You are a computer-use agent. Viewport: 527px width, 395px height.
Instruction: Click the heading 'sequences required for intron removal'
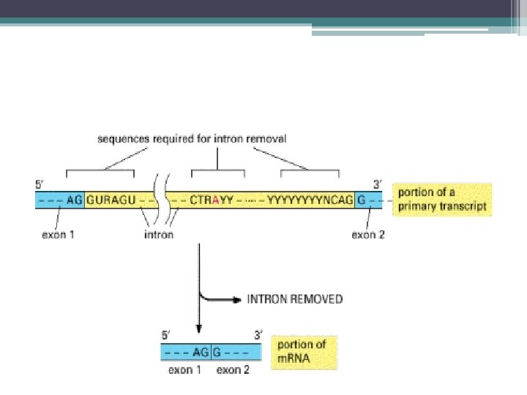(x=192, y=138)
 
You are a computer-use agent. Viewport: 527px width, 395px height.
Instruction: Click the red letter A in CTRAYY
(x=214, y=199)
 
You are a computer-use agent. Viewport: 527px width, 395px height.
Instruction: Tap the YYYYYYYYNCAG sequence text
(x=310, y=199)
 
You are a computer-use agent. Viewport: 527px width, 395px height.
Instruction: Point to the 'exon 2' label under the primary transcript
(x=369, y=235)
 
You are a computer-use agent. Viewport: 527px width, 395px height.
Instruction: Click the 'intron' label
(x=159, y=235)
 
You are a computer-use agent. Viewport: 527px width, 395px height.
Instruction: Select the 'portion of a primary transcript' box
(x=441, y=199)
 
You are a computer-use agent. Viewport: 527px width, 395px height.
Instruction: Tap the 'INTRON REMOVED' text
(x=294, y=299)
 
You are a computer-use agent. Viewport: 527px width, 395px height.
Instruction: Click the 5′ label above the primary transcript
(x=41, y=184)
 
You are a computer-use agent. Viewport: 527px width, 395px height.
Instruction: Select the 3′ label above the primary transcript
(x=377, y=184)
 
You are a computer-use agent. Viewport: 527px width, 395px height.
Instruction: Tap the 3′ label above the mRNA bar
(x=257, y=336)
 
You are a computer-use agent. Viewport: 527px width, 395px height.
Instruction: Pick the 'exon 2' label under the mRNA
(x=233, y=370)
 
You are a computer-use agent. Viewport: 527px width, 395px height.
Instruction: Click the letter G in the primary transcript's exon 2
(x=362, y=199)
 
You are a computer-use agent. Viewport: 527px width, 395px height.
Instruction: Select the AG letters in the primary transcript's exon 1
(x=75, y=199)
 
